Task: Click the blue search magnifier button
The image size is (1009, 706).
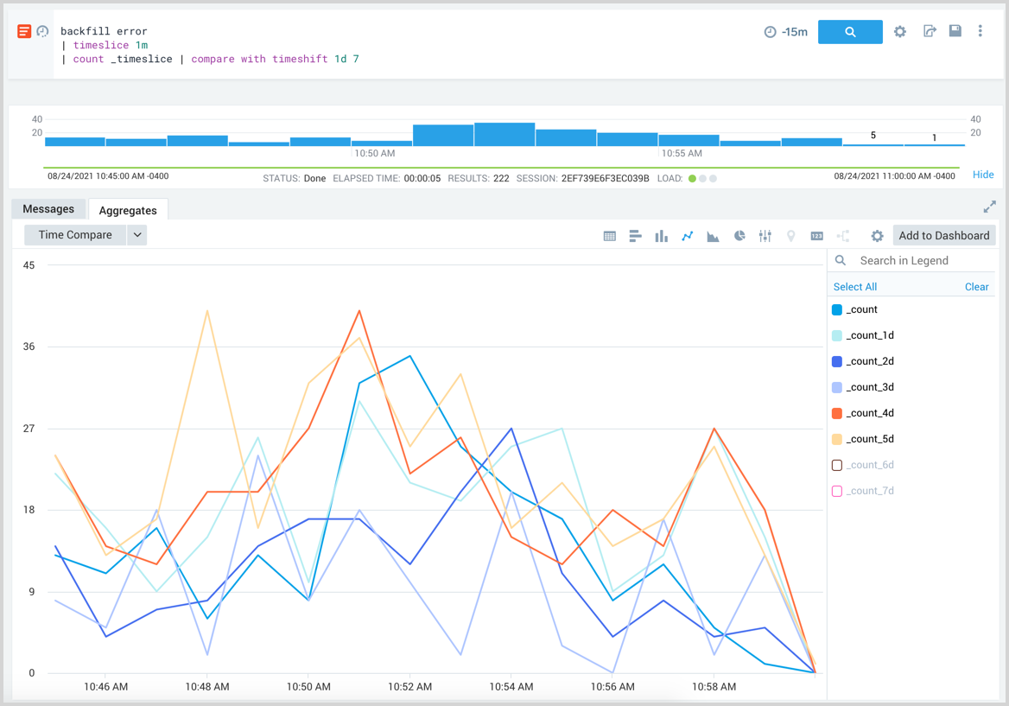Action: pos(850,32)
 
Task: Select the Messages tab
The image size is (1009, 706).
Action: pos(48,209)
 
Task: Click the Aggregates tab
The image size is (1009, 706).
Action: pos(128,210)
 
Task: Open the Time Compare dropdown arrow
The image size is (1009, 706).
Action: pos(137,235)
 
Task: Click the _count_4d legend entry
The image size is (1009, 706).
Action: pos(870,413)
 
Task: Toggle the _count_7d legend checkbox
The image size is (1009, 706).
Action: pos(836,491)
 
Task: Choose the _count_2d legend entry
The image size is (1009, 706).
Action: pos(870,361)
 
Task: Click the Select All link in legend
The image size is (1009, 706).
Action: pos(854,287)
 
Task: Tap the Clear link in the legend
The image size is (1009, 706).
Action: pos(976,287)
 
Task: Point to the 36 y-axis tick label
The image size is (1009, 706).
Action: pos(29,347)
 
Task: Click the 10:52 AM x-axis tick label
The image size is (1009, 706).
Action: pos(410,687)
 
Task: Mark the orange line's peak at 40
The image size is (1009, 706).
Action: pos(359,310)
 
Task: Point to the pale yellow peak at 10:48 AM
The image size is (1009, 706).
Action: pos(207,310)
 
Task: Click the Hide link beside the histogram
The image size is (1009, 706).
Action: pos(983,175)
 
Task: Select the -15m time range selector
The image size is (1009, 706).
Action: pos(786,32)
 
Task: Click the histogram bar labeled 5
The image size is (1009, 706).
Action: pos(873,144)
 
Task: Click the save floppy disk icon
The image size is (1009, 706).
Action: pos(955,31)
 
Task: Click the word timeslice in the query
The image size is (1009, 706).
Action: pos(100,45)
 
